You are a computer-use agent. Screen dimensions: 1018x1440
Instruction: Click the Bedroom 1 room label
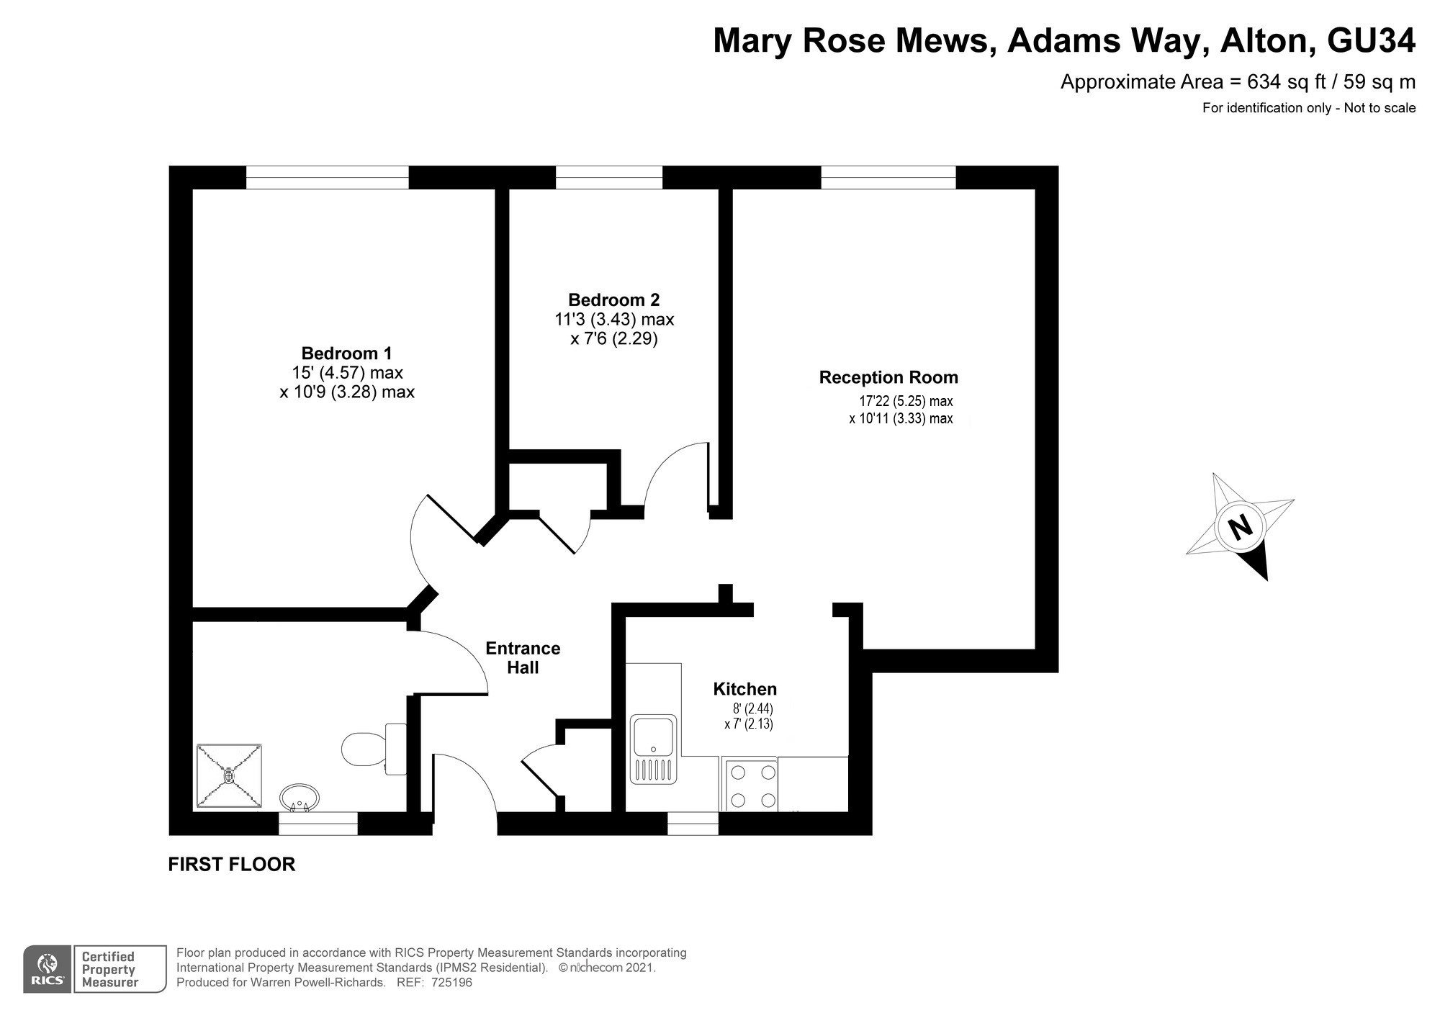coord(346,353)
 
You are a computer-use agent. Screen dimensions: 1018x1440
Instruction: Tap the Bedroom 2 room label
coord(613,299)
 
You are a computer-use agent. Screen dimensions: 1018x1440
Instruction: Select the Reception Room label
coord(888,377)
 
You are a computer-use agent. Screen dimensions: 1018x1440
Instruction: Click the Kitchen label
coord(744,689)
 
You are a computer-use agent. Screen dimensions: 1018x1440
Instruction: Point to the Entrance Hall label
coord(523,657)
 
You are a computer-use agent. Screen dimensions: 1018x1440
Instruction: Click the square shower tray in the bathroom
coord(229,775)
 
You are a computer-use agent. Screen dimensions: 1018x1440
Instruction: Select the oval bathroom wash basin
coord(300,798)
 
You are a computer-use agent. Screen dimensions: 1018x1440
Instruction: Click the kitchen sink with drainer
coord(654,749)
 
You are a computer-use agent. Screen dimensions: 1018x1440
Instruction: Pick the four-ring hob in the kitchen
coord(749,786)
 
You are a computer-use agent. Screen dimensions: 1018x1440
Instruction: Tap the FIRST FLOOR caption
coord(231,864)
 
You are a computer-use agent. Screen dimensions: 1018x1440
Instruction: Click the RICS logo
coord(48,969)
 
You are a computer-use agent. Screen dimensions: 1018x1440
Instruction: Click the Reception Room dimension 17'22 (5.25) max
coord(906,401)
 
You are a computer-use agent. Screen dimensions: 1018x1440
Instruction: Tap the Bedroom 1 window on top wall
coord(328,177)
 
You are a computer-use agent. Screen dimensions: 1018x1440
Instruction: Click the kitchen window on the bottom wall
coord(693,824)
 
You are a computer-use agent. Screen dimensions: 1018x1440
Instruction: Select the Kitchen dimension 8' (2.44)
coord(748,708)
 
